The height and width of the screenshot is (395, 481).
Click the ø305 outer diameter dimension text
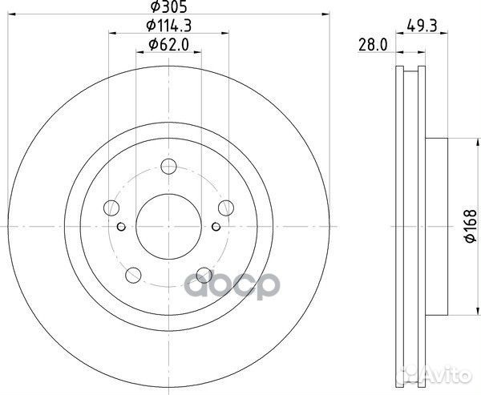168,9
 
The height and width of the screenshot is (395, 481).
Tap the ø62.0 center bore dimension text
168,46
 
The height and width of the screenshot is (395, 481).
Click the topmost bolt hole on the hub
168,167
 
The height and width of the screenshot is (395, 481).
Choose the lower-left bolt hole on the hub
132,274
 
